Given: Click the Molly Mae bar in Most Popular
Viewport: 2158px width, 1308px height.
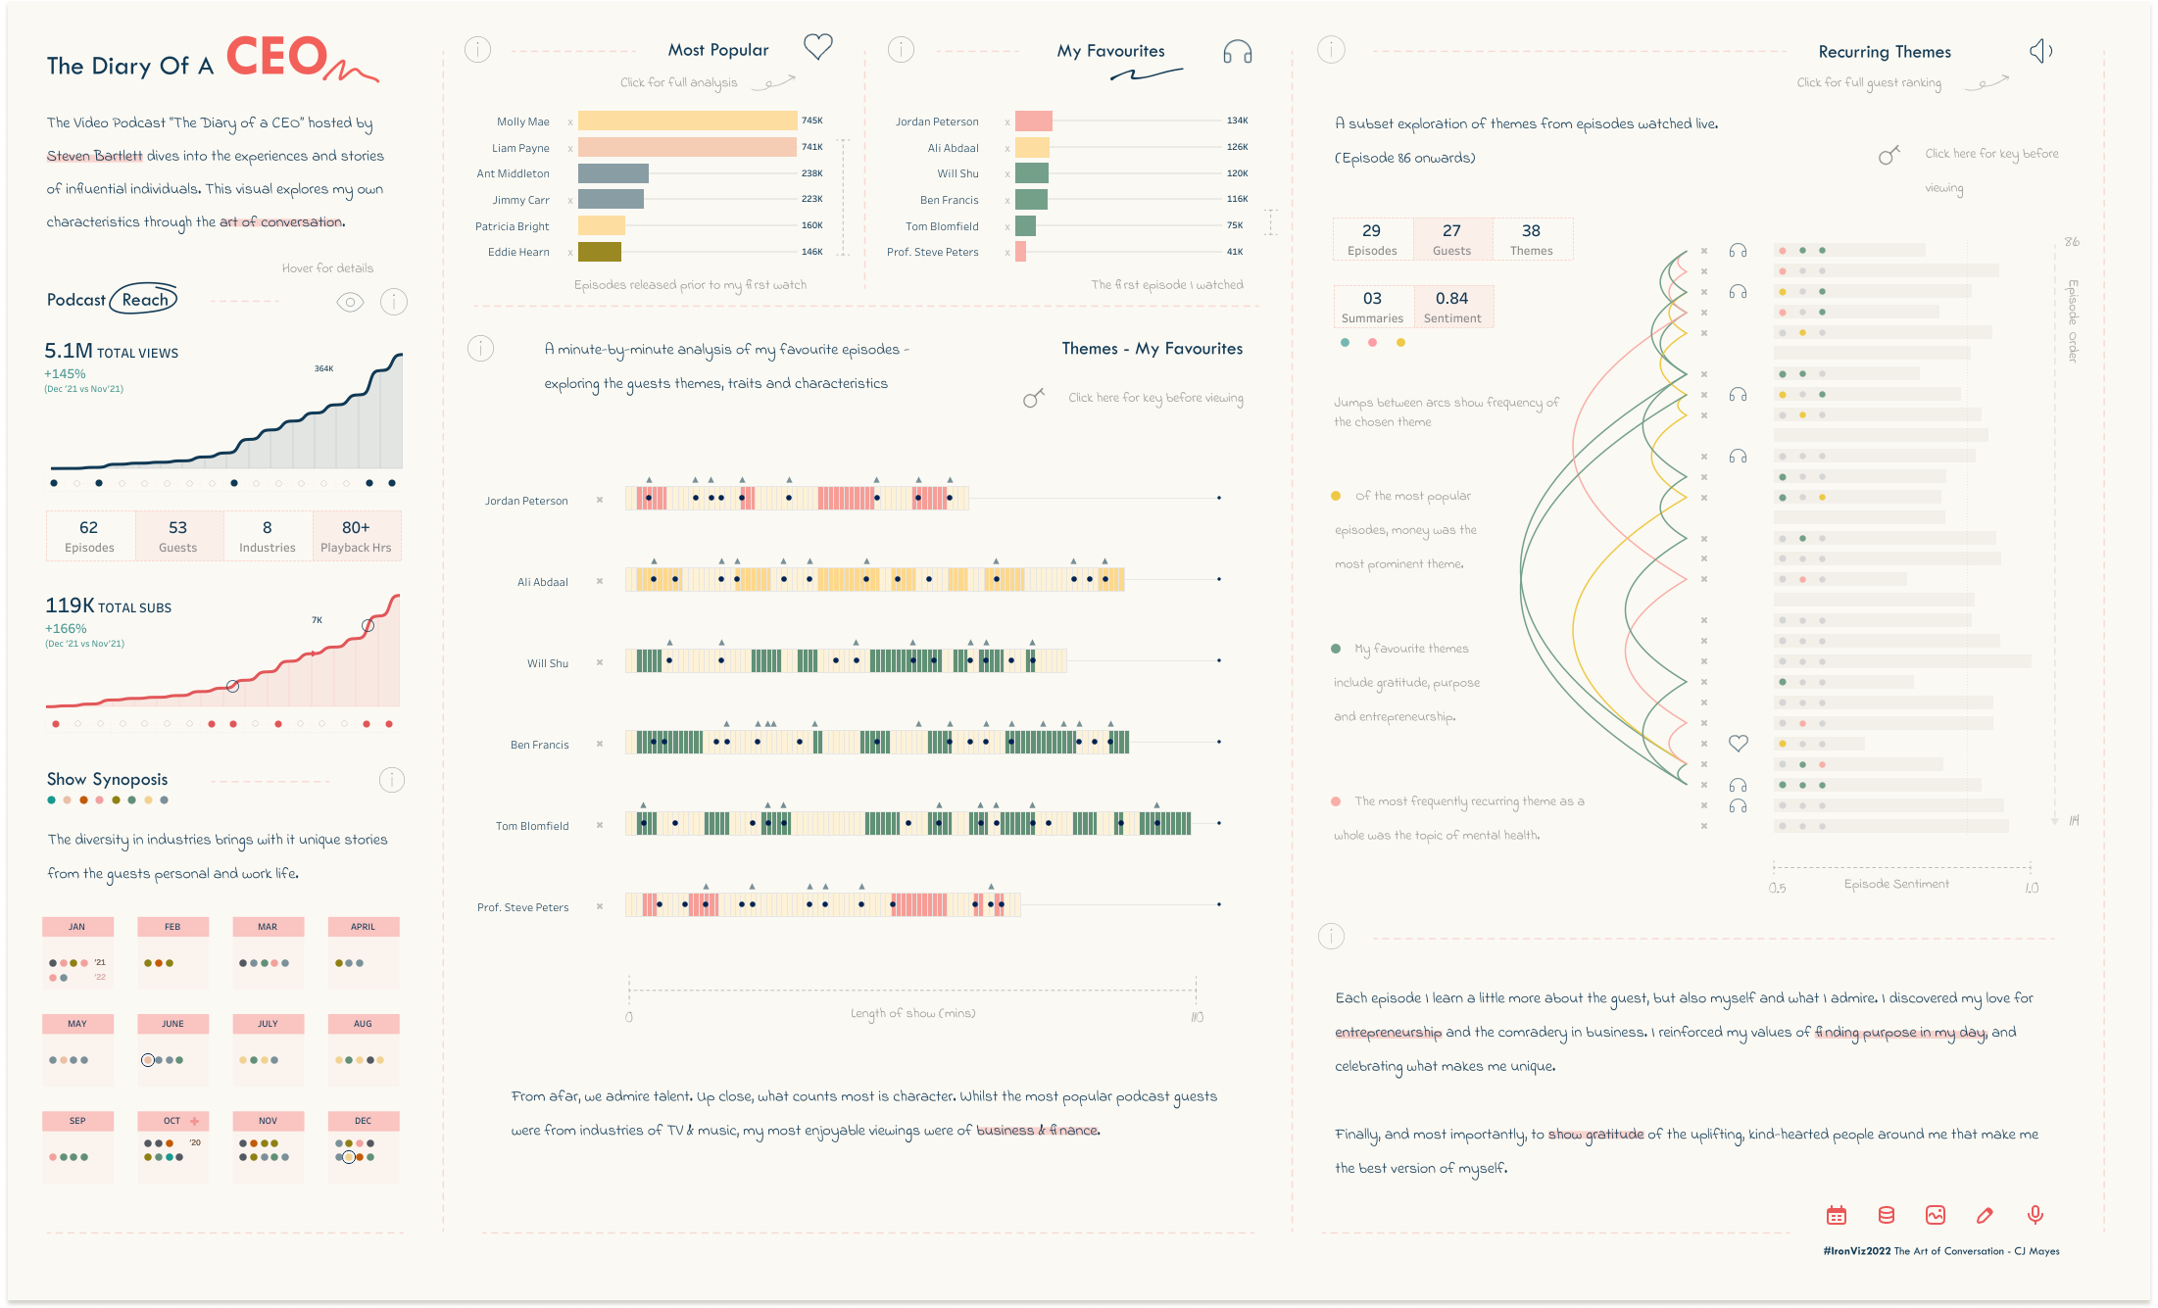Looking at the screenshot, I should pos(687,121).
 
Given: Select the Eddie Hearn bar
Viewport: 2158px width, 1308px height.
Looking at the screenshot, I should pos(600,253).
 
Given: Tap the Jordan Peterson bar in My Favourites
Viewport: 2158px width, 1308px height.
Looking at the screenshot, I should pos(1033,121).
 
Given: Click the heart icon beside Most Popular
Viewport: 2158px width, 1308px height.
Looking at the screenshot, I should pos(817,46).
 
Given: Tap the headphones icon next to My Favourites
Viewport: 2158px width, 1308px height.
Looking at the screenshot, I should pos(1237,52).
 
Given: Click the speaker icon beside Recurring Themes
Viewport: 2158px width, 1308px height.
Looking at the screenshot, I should pos(2040,51).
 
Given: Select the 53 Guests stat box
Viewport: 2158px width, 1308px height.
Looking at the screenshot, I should pos(178,536).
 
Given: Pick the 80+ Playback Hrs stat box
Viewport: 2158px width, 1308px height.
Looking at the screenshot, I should pos(356,536).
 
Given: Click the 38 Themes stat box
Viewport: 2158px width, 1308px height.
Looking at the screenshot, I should pos(1531,239).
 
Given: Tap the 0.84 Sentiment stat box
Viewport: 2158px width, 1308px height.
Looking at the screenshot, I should pos(1452,307).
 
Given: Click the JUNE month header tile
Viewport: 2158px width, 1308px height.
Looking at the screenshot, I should pos(172,1024).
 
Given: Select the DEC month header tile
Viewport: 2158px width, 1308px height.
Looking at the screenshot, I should pos(363,1121).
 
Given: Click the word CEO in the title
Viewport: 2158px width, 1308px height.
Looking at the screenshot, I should pos(277,57).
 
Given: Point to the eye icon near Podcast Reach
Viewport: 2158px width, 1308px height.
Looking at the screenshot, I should pos(350,302).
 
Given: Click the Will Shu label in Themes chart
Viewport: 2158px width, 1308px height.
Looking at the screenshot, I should pos(547,663).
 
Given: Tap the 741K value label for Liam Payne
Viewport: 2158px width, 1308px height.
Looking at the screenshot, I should pos(812,147).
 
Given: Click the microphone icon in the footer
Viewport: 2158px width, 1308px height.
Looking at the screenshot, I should pos(2035,1215).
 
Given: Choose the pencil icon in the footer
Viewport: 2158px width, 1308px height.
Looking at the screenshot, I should pos(1985,1215).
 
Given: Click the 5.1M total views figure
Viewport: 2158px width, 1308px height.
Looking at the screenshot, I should pos(69,351).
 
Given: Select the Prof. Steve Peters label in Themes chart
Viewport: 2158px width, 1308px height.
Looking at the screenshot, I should pos(522,907).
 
